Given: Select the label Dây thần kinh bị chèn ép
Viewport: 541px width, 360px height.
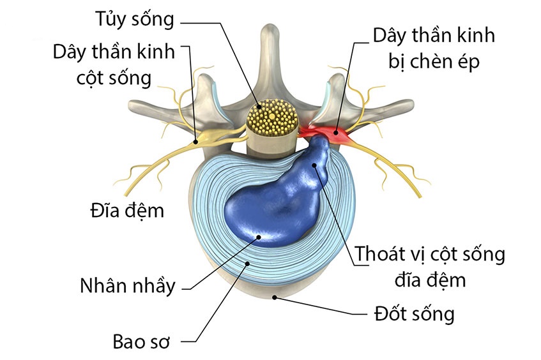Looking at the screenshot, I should point(434,48).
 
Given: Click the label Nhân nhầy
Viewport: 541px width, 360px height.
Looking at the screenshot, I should point(127,285).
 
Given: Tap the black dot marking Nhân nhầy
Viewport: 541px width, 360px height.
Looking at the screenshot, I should point(259,237).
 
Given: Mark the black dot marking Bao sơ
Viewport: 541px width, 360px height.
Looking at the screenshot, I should point(247,262).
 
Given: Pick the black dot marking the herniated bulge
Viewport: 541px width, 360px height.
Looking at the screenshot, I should point(315,165).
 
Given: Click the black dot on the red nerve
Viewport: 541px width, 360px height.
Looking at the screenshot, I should point(334,133).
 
